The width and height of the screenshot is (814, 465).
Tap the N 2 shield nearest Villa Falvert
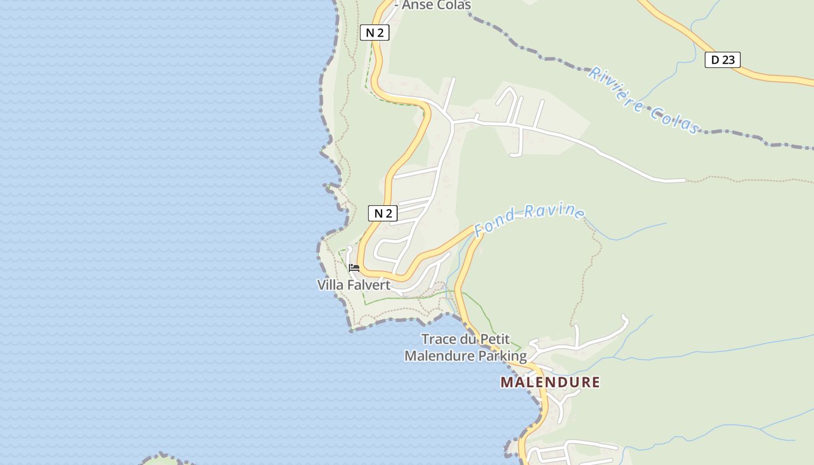click(383, 213)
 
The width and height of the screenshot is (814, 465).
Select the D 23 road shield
click(722, 59)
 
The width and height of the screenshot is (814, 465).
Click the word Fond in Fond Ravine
click(494, 223)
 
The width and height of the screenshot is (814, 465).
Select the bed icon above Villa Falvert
click(354, 268)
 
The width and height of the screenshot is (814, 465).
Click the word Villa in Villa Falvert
click(331, 285)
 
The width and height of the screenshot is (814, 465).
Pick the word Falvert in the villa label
click(369, 285)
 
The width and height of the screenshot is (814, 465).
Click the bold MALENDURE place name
click(550, 382)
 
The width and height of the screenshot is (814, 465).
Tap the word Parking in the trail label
click(503, 355)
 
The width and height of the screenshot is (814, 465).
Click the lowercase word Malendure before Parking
click(440, 355)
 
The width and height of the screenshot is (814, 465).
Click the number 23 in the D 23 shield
click(729, 59)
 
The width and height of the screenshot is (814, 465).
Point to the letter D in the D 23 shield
click(715, 59)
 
